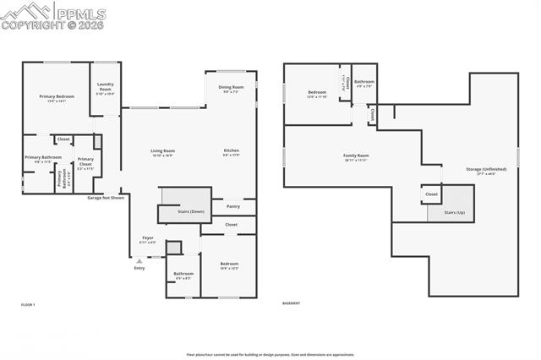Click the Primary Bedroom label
(x=57, y=97)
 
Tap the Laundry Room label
(x=106, y=85)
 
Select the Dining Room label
(x=231, y=88)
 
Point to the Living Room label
(x=162, y=151)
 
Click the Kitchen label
(x=231, y=151)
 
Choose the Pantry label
(x=232, y=206)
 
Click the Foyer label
(x=147, y=238)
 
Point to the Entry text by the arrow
(x=139, y=269)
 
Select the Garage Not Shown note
(x=106, y=198)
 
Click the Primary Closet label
(x=85, y=162)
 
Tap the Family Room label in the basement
(x=356, y=155)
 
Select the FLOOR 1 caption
(x=29, y=303)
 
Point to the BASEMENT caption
(x=291, y=303)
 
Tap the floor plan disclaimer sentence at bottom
(x=270, y=355)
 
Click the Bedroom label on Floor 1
(x=229, y=265)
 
